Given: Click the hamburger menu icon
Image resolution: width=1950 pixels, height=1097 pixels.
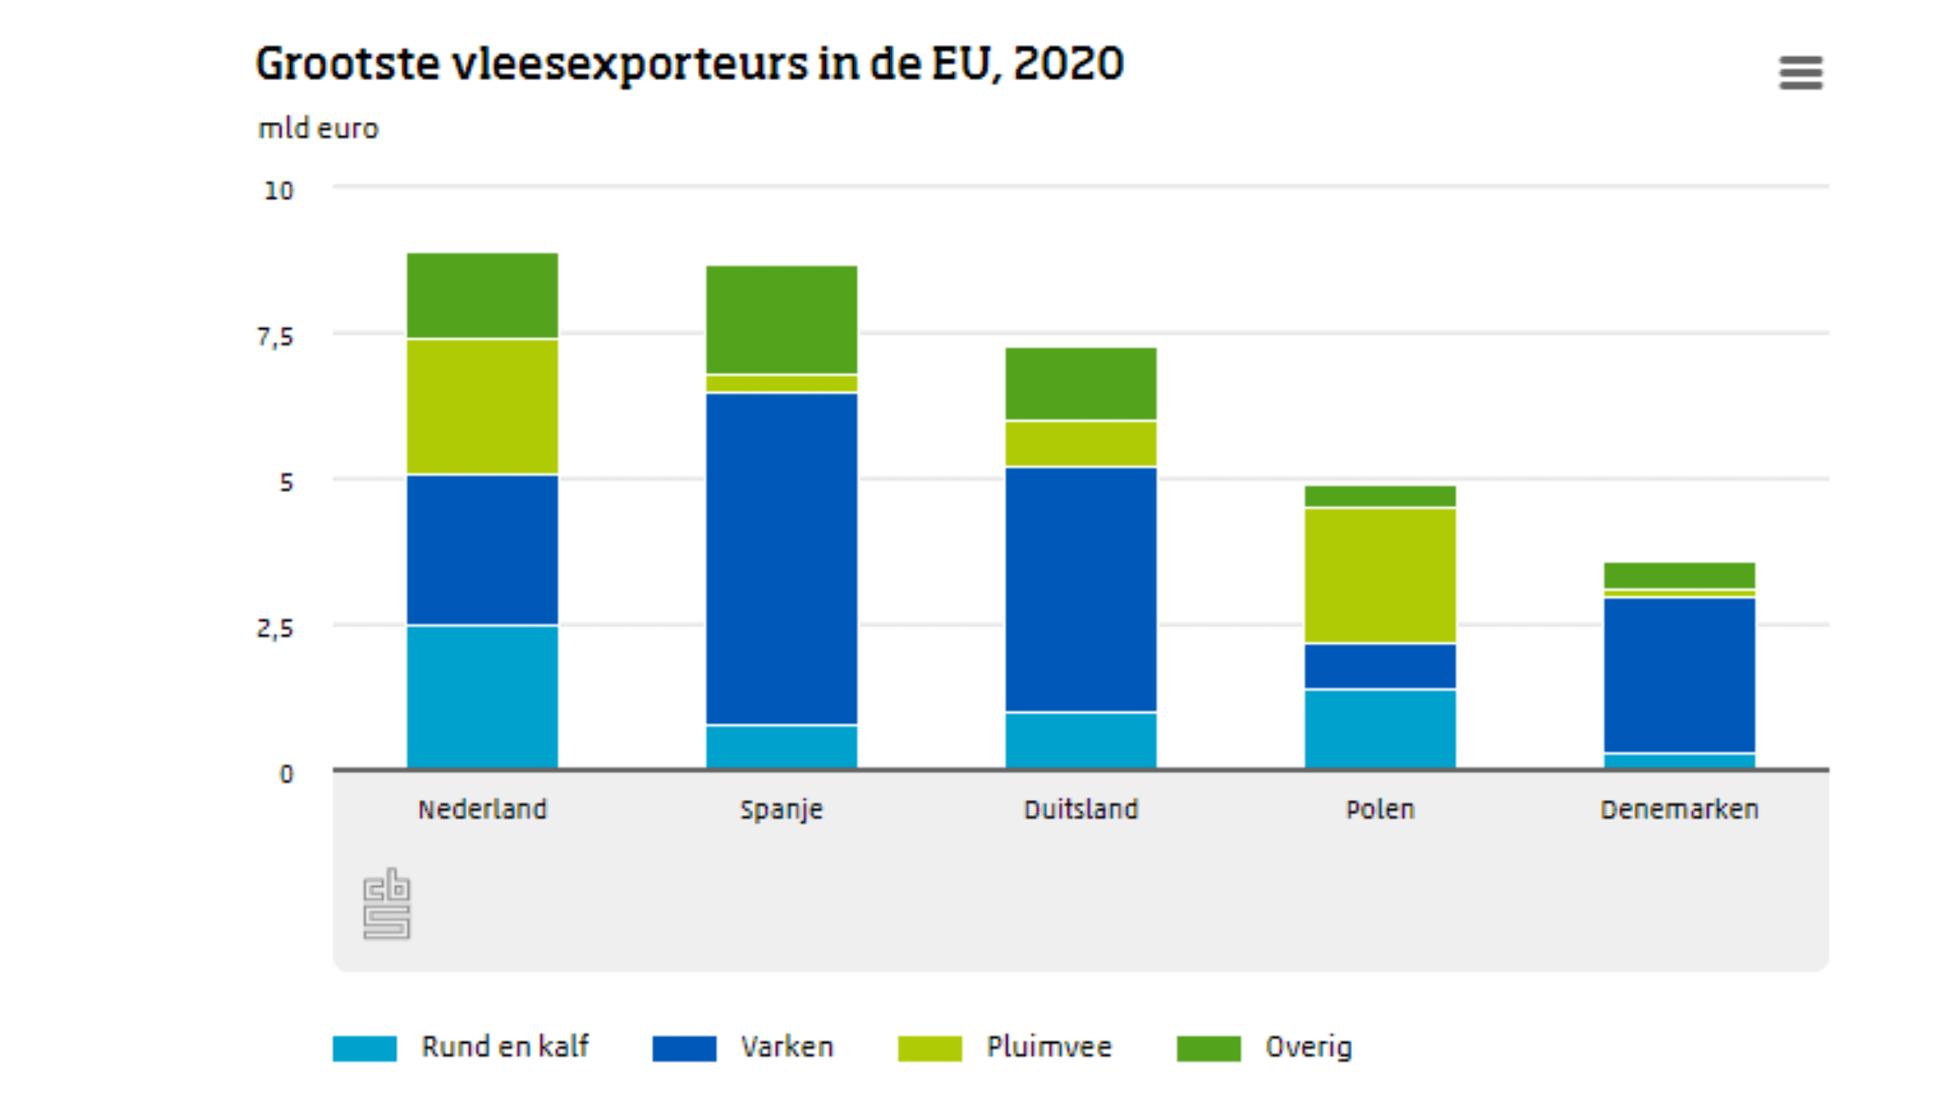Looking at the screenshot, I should click(1801, 73).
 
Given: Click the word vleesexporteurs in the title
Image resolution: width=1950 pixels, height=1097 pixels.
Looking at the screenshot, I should click(630, 64).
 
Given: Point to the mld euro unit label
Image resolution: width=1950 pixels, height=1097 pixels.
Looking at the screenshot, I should click(318, 129).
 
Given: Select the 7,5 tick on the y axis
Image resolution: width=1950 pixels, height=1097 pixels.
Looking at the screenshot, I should click(276, 337).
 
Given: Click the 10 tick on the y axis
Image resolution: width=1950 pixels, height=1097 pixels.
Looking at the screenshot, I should click(279, 190).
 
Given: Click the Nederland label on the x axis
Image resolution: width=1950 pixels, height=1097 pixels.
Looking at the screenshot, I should click(482, 809).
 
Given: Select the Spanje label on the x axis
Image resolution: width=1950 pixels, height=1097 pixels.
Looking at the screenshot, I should click(782, 809).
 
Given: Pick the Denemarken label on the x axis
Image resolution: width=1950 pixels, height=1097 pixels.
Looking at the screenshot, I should click(1680, 809).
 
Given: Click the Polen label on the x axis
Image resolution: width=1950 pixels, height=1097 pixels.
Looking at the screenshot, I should click(1380, 809).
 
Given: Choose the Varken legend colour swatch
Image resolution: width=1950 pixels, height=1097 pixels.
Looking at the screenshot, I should click(684, 1048).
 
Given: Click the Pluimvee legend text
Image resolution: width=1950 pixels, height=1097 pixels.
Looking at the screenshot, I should click(1049, 1047).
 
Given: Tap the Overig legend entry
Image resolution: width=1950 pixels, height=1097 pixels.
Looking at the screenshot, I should click(1309, 1047).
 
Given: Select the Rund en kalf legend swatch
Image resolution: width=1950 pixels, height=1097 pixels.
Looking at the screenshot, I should click(365, 1048).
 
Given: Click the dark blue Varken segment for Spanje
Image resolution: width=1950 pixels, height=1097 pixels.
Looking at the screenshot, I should click(782, 558).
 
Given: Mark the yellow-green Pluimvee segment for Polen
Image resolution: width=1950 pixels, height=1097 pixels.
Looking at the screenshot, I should click(1380, 575).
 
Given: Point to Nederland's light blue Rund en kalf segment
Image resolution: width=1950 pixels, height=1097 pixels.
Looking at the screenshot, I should click(482, 696).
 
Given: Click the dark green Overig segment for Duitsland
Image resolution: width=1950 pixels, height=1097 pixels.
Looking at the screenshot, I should click(1081, 383).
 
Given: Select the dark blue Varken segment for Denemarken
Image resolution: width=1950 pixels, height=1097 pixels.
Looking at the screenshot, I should click(1680, 675).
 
